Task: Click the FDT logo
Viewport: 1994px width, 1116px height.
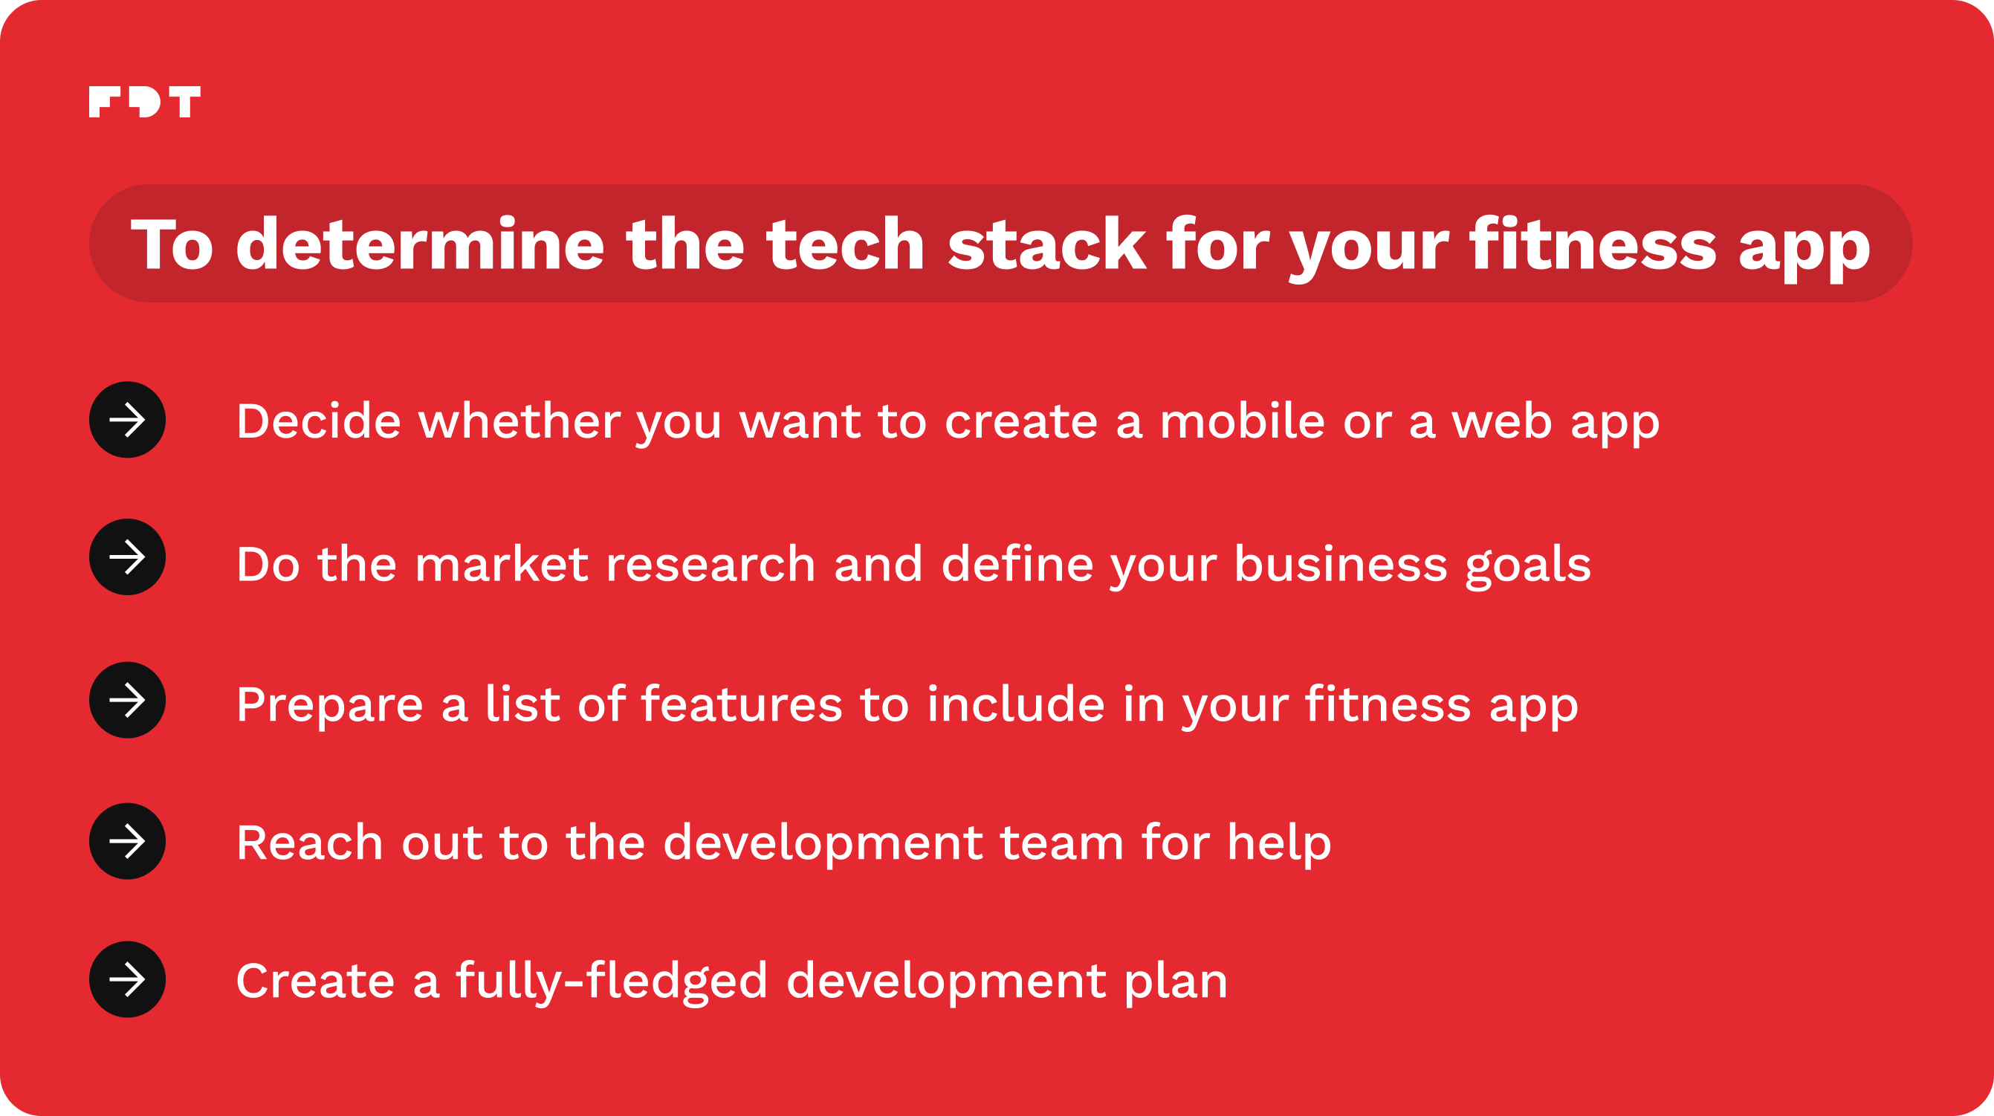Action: click(145, 102)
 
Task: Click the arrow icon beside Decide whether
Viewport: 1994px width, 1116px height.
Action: click(128, 421)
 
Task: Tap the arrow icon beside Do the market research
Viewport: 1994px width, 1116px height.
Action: click(128, 557)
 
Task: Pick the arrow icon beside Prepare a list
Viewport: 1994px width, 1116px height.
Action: click(128, 701)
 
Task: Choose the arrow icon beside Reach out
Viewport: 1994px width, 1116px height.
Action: click(128, 841)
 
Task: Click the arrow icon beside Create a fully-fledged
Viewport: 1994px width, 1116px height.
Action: click(128, 980)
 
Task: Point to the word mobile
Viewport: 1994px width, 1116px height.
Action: click(1243, 422)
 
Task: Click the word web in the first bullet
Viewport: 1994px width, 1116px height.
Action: click(1502, 422)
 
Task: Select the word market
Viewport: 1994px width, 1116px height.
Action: click(502, 564)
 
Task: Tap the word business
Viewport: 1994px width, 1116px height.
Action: click(1341, 564)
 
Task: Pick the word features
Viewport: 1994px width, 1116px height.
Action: click(742, 704)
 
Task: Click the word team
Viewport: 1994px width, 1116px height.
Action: click(1062, 843)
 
